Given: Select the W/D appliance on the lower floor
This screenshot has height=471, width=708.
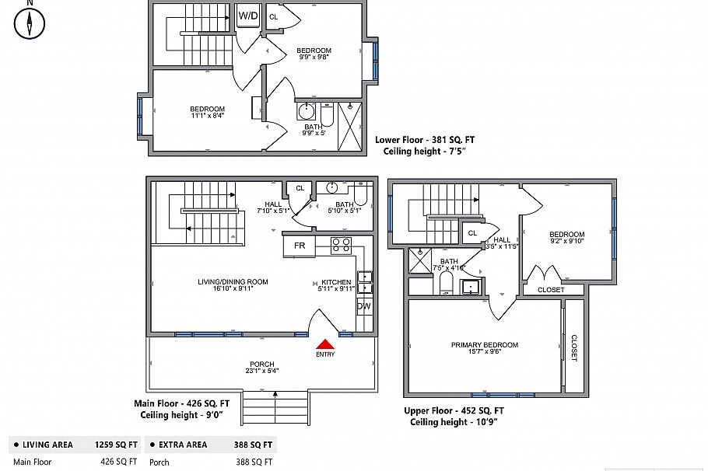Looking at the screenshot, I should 248,16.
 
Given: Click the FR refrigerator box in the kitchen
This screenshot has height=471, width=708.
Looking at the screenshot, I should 300,246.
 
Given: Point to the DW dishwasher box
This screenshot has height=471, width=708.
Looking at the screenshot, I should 364,306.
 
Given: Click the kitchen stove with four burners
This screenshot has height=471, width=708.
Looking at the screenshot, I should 341,246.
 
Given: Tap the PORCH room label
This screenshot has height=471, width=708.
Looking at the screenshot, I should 261,365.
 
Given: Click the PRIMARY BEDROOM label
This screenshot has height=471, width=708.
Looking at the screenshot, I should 484,345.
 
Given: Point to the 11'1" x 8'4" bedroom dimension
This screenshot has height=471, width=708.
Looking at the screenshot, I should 207,116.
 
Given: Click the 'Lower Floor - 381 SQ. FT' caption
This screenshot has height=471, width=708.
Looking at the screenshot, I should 425,141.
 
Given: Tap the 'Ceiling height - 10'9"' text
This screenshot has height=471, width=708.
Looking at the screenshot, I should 454,422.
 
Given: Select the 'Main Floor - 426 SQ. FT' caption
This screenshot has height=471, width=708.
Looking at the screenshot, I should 182,403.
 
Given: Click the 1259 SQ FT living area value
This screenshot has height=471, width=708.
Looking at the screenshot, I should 116,445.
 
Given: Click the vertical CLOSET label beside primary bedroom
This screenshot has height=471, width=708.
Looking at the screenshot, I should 574,348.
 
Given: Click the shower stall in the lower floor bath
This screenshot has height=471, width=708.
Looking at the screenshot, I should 351,124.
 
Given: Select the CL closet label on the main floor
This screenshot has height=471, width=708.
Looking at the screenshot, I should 300,187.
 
